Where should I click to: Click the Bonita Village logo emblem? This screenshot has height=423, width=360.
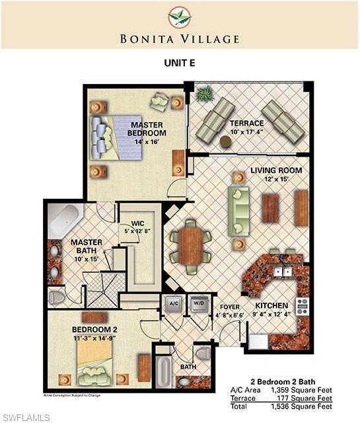tap(180, 18)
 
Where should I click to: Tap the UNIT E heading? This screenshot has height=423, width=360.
tap(180, 63)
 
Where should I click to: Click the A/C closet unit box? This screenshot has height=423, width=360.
tap(174, 305)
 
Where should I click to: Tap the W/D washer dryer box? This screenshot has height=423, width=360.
tap(196, 305)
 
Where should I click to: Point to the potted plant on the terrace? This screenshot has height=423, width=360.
tap(203, 94)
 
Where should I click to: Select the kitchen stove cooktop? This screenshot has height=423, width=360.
tap(302, 307)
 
